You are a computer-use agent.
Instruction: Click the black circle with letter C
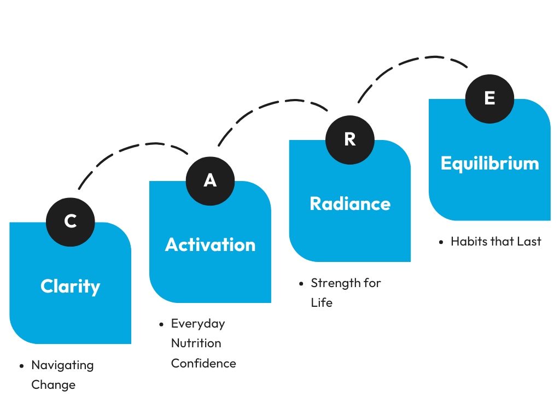click(x=71, y=222)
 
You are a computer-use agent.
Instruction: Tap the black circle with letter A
click(x=211, y=181)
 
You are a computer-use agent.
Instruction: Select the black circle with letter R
click(x=350, y=140)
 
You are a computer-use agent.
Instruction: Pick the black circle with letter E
click(x=489, y=99)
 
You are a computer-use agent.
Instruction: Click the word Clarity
click(x=71, y=287)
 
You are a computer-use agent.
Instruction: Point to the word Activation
click(x=211, y=245)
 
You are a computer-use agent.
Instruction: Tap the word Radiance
click(x=350, y=204)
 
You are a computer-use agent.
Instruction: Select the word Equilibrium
click(x=489, y=164)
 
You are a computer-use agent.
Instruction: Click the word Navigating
click(x=62, y=365)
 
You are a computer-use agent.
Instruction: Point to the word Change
click(x=53, y=385)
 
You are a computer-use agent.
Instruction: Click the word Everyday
click(x=198, y=324)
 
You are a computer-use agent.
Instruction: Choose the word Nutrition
click(x=196, y=343)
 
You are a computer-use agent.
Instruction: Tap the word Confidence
click(x=203, y=363)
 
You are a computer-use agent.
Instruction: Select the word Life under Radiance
click(x=322, y=303)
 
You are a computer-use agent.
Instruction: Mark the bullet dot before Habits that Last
click(x=441, y=242)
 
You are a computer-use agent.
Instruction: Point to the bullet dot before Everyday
click(x=161, y=324)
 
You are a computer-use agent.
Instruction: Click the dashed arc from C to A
click(x=133, y=147)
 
